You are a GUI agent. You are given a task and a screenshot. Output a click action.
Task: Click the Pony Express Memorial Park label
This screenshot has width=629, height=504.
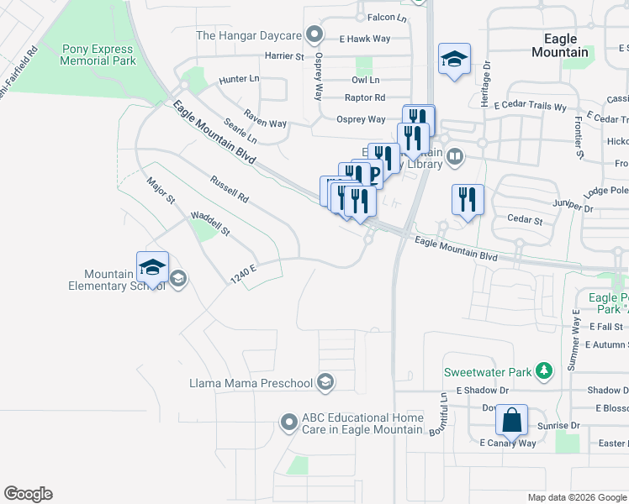tap(99, 55)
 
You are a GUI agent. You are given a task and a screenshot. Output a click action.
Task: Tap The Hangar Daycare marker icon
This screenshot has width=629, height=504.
tap(315, 34)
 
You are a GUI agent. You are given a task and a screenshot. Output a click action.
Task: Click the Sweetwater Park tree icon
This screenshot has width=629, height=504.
tap(545, 370)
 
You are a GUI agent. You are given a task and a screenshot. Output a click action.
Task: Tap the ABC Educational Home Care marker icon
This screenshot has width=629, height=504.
tap(289, 423)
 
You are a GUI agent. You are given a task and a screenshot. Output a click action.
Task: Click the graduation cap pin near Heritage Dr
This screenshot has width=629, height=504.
tap(454, 59)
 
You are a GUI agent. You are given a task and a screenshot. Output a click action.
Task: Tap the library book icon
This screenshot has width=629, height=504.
tap(455, 155)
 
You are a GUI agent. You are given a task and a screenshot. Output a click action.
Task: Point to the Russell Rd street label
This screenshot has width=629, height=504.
tap(230, 189)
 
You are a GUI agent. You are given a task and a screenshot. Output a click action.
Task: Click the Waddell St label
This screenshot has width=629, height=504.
tap(209, 223)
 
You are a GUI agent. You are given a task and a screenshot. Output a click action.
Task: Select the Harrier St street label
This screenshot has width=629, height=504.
tap(284, 56)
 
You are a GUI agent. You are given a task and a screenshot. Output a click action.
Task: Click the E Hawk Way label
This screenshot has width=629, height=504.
tap(365, 39)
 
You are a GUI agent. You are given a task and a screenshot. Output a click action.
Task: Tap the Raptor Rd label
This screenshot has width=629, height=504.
tap(365, 97)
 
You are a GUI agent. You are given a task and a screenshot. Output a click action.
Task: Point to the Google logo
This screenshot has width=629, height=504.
tap(28, 494)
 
